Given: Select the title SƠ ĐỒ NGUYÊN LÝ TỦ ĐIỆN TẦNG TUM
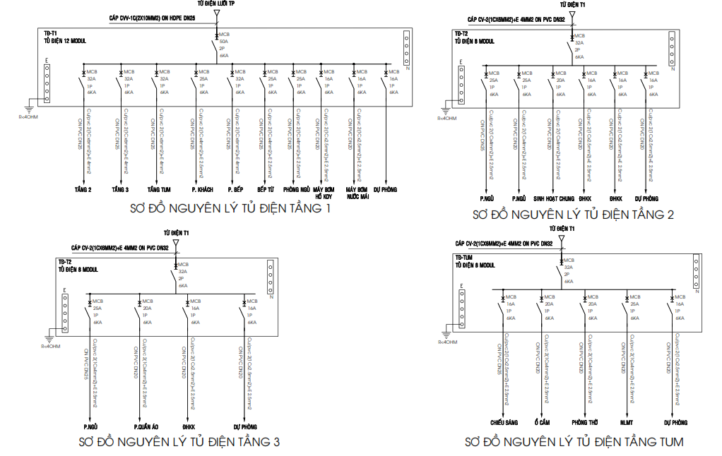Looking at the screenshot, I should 574,442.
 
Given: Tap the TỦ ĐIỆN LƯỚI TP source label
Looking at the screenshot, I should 216,4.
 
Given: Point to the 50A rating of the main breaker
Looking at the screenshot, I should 224,42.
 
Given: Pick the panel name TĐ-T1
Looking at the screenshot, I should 50,33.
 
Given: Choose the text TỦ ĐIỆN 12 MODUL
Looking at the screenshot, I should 65,42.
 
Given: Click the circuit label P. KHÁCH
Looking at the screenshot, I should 202,190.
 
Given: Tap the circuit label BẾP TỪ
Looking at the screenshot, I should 266,190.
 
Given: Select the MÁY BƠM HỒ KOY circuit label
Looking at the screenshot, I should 323,193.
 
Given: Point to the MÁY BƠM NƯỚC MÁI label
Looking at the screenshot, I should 358,193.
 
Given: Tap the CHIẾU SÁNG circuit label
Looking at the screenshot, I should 504,422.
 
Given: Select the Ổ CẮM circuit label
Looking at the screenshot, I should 542,422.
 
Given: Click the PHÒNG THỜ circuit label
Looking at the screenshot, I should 585,422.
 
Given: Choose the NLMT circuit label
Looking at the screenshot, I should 627,422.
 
